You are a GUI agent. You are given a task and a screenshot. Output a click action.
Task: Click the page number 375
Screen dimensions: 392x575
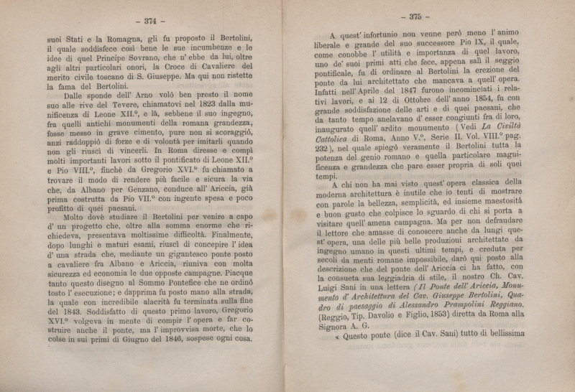pos(418,17)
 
